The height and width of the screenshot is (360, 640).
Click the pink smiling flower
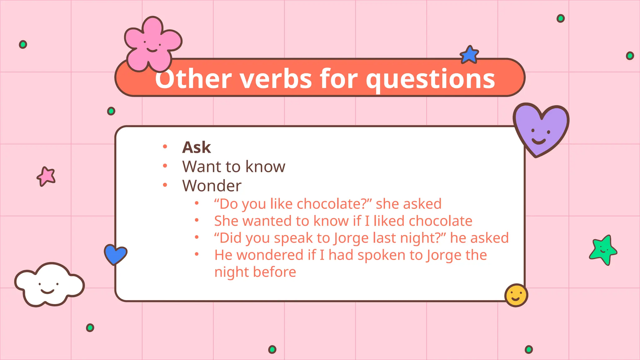152,44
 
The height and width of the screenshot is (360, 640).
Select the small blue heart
115,254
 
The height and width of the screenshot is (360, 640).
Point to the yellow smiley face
516,295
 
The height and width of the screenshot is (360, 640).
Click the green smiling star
603,250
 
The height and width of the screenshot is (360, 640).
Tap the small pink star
47,176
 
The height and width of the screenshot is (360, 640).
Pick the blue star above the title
469,55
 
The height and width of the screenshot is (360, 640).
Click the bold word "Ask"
197,147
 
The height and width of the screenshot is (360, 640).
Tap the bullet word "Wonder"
212,186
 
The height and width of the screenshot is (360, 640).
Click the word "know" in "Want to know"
265,167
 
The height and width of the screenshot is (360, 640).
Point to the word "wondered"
270,255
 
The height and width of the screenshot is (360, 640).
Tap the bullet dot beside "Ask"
165,146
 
